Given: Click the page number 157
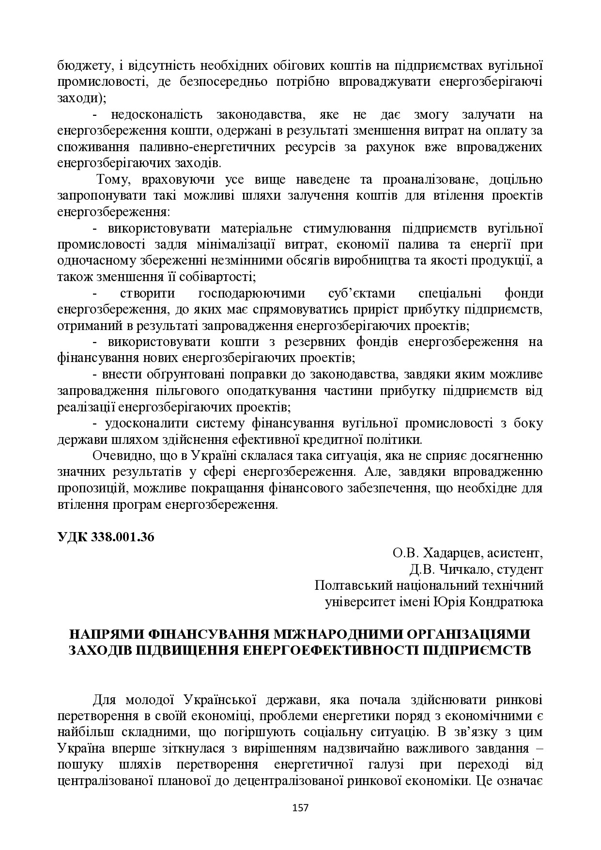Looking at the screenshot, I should click(x=301, y=807).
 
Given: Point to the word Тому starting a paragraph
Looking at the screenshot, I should click(x=113, y=180).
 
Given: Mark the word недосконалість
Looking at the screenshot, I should click(x=154, y=115).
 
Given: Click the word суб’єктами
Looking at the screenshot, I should click(x=362, y=294).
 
